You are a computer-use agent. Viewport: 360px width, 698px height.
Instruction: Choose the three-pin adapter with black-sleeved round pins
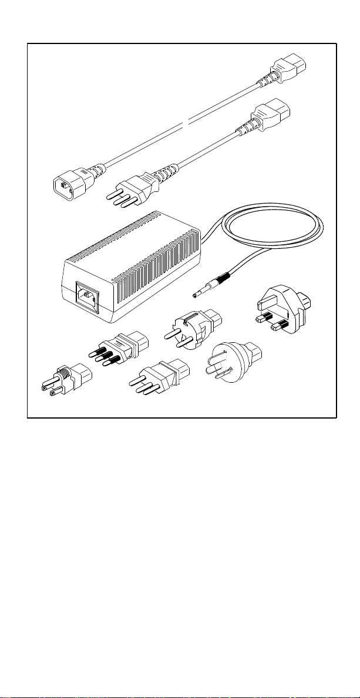pyautogui.click(x=117, y=349)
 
